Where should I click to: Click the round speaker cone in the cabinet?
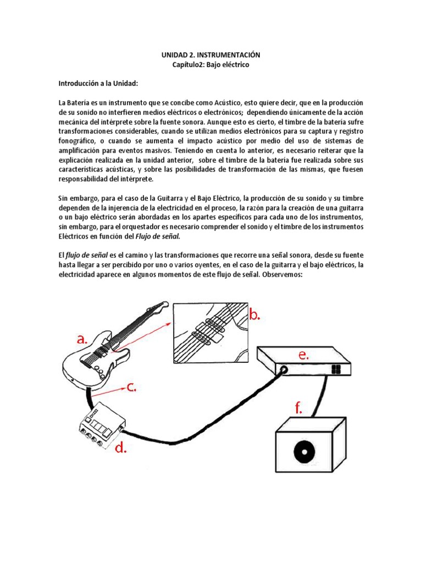tap(303, 453)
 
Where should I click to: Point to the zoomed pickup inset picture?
tap(210, 332)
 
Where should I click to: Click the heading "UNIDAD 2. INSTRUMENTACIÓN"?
tap(210, 56)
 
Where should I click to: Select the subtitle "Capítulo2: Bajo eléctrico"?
tap(210, 65)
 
